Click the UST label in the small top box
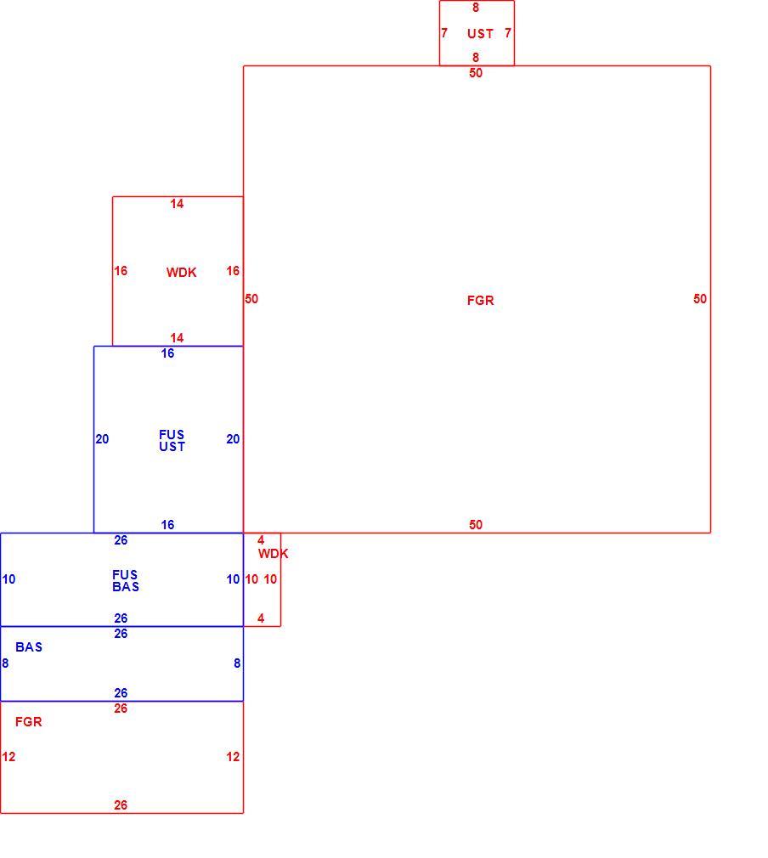tap(480, 34)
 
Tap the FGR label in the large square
tap(480, 301)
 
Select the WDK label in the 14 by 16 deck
tap(181, 273)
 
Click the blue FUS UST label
tap(172, 441)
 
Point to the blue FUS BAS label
tap(126, 580)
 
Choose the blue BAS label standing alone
tap(29, 647)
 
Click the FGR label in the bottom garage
tap(29, 722)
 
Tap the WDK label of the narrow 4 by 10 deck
tap(274, 554)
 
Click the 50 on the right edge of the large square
tap(700, 299)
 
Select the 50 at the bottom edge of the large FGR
tap(476, 525)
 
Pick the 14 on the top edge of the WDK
tap(177, 204)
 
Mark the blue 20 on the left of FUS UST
tap(102, 439)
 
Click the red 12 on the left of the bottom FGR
tap(8, 757)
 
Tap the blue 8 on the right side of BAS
tap(237, 663)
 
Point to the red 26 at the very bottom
tap(121, 805)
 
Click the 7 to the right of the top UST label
tap(508, 33)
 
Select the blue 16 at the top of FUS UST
tap(167, 353)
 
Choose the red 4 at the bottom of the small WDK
tap(261, 618)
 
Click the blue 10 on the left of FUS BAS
tap(8, 579)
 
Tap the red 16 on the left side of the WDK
tap(121, 271)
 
